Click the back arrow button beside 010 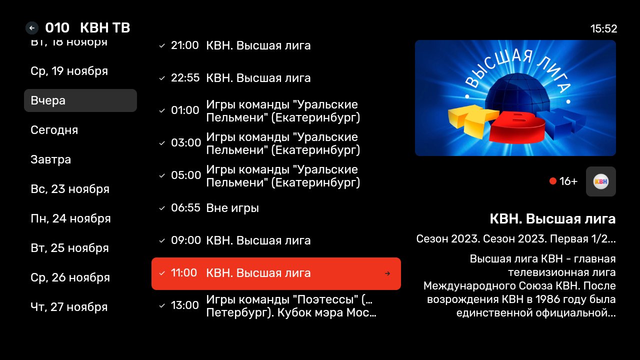pos(32,28)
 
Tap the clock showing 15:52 pos(603,28)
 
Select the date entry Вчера pos(80,100)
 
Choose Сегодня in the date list pos(54,130)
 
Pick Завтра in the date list pos(50,159)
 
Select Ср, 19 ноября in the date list pos(69,71)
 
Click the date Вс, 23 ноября pos(70,189)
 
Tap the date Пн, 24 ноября pos(70,218)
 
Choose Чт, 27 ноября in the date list pos(69,307)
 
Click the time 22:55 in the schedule pos(185,77)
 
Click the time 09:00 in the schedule pos(185,240)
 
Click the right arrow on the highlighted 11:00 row pos(387,273)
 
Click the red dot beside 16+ pos(553,181)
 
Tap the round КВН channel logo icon pos(601,181)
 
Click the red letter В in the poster pos(517,125)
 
